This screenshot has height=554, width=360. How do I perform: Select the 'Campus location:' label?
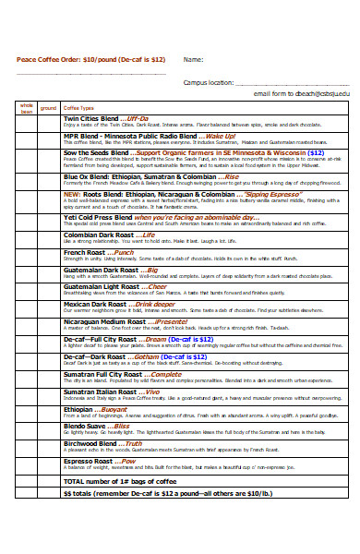(208, 81)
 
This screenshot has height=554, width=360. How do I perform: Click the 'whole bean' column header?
(26, 108)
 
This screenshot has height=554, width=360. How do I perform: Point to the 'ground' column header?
(48, 108)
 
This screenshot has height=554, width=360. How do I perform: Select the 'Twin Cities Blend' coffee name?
(90, 119)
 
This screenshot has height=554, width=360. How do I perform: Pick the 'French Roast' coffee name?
(84, 251)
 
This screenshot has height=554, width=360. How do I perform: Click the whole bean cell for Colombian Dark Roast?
(26, 237)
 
